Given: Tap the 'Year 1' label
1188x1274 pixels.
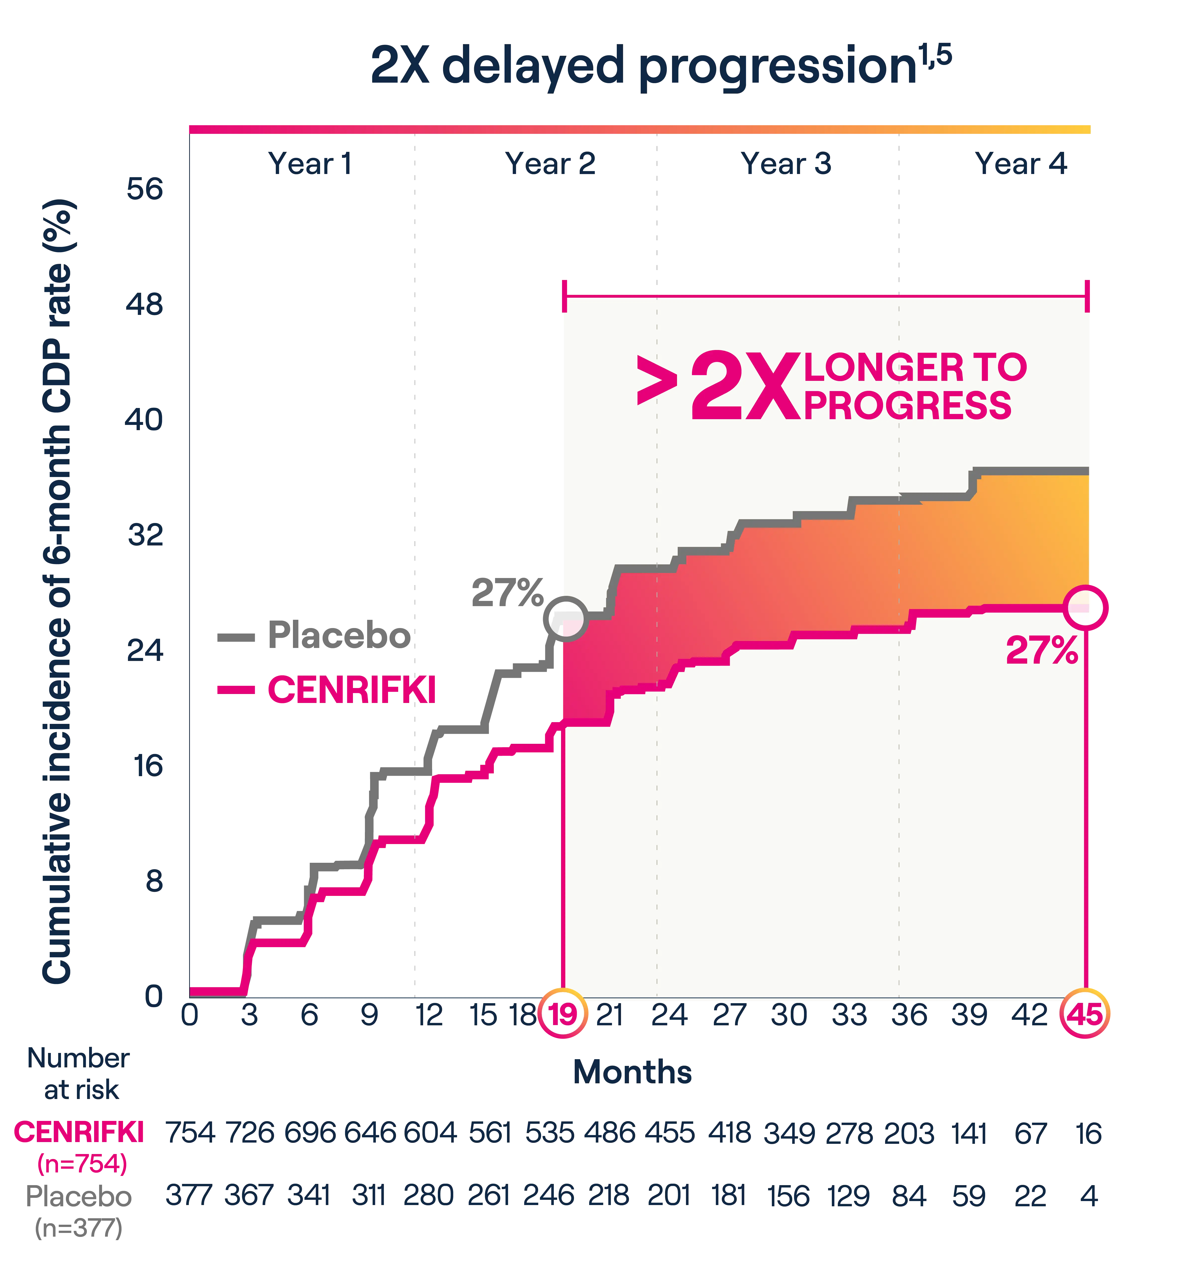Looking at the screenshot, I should (309, 164).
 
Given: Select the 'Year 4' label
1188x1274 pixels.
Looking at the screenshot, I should (1020, 164).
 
